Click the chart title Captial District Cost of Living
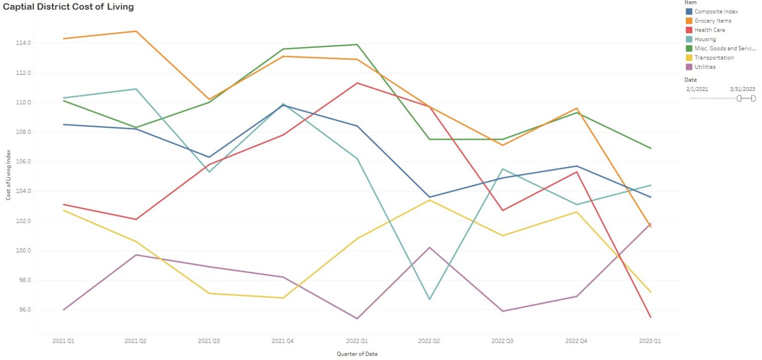point(68,7)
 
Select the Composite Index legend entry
point(716,11)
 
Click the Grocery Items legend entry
point(712,21)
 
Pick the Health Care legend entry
point(709,30)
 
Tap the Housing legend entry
point(705,39)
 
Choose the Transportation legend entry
point(714,58)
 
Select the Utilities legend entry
point(705,67)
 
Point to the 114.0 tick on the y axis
point(23,43)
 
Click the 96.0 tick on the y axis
point(23,310)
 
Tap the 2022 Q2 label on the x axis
point(430,342)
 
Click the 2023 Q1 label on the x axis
point(650,342)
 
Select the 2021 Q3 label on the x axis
point(209,342)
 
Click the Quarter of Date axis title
point(357,354)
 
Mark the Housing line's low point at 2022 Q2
point(430,300)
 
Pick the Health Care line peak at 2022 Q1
point(357,83)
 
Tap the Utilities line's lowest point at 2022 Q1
point(357,318)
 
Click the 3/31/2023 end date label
point(742,89)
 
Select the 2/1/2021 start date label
point(697,89)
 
